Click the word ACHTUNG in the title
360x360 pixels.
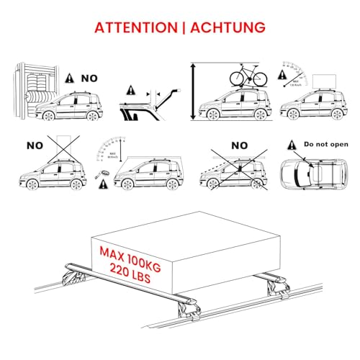point(226,28)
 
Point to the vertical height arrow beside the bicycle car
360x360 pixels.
point(192,91)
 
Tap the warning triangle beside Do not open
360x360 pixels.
point(292,144)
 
